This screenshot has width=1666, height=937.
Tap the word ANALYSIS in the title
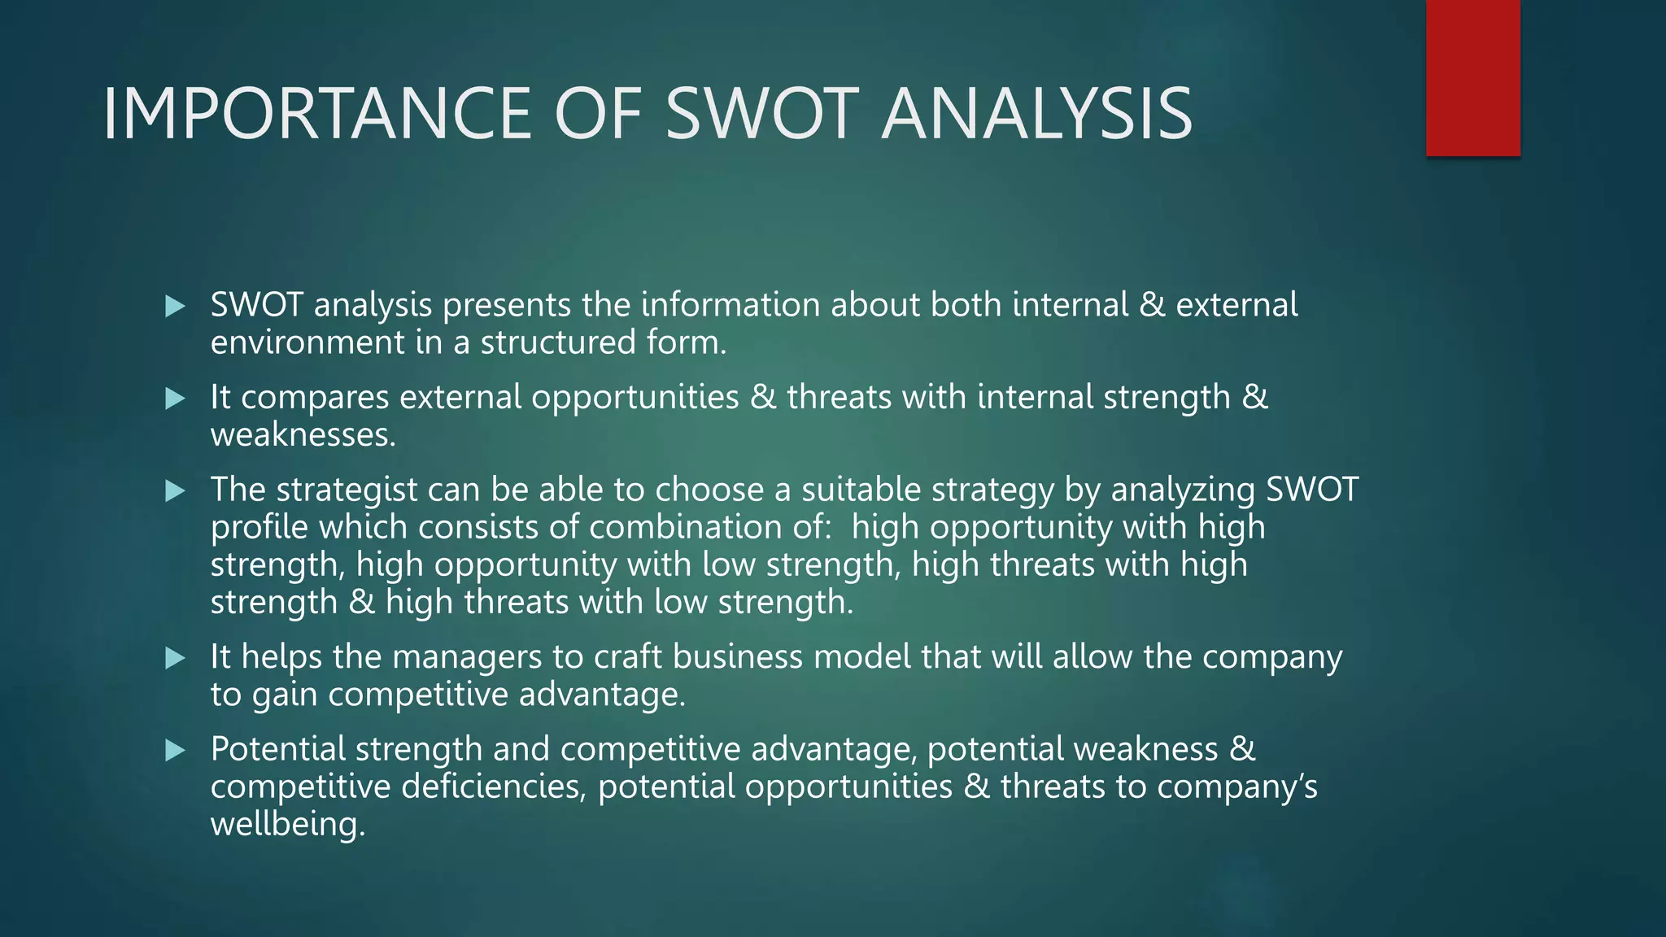[1036, 114]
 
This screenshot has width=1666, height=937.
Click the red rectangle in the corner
[1472, 78]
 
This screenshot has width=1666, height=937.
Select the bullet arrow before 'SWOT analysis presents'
[175, 307]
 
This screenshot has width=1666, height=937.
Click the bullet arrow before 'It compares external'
[175, 399]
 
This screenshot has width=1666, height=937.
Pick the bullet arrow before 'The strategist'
[175, 491]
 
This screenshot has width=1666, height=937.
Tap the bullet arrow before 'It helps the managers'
[175, 658]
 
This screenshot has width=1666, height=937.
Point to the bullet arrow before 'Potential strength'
[175, 750]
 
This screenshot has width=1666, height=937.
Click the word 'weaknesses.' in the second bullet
[303, 435]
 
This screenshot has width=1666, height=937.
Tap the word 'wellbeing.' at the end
[288, 825]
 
